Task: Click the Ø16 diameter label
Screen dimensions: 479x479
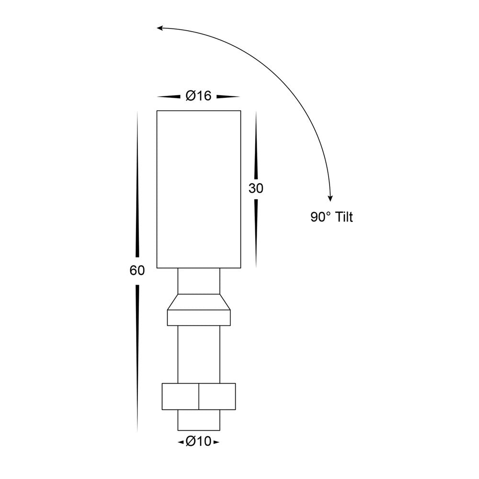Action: pyautogui.click(x=198, y=96)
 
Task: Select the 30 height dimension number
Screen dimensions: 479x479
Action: pyautogui.click(x=256, y=189)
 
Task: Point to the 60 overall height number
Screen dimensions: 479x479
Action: pyautogui.click(x=137, y=271)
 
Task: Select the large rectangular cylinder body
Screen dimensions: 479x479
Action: pyautogui.click(x=199, y=189)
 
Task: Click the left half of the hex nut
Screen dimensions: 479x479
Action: pyautogui.click(x=180, y=396)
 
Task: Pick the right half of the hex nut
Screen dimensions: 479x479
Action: pyautogui.click(x=217, y=396)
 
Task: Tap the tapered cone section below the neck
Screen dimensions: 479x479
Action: pyautogui.click(x=199, y=302)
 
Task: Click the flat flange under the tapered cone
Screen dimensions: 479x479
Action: pyautogui.click(x=199, y=318)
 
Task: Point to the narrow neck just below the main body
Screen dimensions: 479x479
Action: pyautogui.click(x=199, y=281)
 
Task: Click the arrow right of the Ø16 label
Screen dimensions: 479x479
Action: pyautogui.click(x=228, y=97)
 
